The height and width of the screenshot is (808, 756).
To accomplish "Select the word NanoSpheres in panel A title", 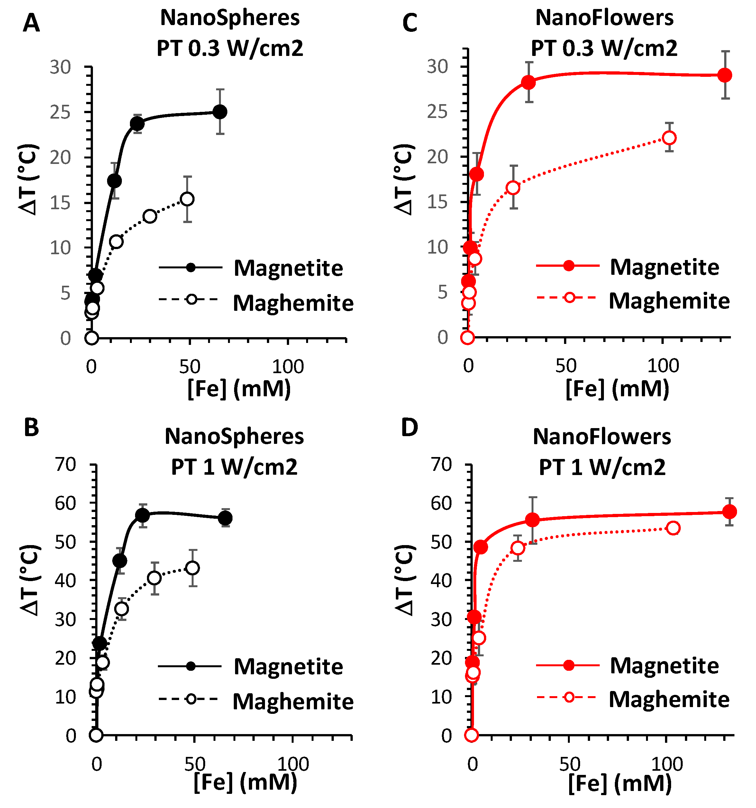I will (230, 18).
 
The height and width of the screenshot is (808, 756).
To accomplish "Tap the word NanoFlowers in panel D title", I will (602, 437).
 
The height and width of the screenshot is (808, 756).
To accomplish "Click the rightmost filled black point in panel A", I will (220, 112).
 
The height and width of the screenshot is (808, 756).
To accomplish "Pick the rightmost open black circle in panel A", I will (187, 199).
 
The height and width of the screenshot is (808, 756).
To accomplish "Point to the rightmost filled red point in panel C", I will (725, 75).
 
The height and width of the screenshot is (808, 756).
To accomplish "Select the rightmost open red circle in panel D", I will (673, 528).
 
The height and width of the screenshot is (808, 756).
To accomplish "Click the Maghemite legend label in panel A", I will (293, 303).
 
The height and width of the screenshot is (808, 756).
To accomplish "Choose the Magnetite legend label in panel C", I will (664, 267).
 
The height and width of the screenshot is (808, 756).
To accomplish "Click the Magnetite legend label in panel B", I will (288, 667).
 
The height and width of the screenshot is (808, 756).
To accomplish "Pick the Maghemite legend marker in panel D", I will (569, 697).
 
